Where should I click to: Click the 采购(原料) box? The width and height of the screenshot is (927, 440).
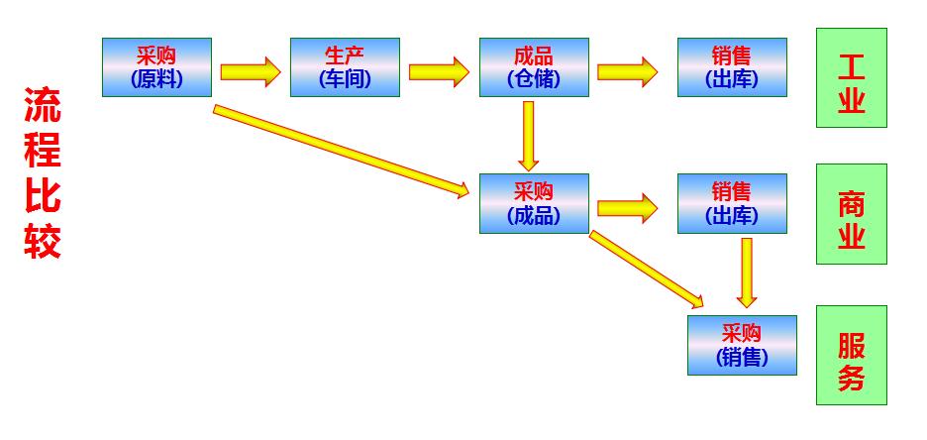click(x=156, y=67)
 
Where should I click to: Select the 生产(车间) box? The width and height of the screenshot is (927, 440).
click(x=345, y=67)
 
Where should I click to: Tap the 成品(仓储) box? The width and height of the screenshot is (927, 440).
click(x=534, y=67)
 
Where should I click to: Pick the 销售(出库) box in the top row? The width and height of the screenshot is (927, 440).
click(x=732, y=67)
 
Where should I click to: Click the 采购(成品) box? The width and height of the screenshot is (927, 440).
click(x=534, y=203)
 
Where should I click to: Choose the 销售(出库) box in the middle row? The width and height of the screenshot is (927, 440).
click(x=732, y=203)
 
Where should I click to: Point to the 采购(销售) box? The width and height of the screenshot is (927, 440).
click(x=742, y=345)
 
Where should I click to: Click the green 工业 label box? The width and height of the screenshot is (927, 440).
click(x=851, y=78)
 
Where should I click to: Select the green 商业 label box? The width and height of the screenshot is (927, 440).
click(x=851, y=214)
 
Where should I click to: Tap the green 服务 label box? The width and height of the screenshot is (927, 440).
click(x=851, y=355)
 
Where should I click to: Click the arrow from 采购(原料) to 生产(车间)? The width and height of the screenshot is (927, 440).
click(x=250, y=71)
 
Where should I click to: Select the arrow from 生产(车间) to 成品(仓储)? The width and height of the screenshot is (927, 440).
click(x=438, y=71)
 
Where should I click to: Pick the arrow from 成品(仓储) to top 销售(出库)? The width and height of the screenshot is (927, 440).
click(x=628, y=71)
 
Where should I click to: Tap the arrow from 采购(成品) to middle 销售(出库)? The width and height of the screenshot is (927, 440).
click(x=628, y=208)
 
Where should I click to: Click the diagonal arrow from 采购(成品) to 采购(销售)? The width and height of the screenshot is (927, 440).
click(x=647, y=269)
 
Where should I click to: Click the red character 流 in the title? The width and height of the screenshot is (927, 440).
click(x=43, y=106)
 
